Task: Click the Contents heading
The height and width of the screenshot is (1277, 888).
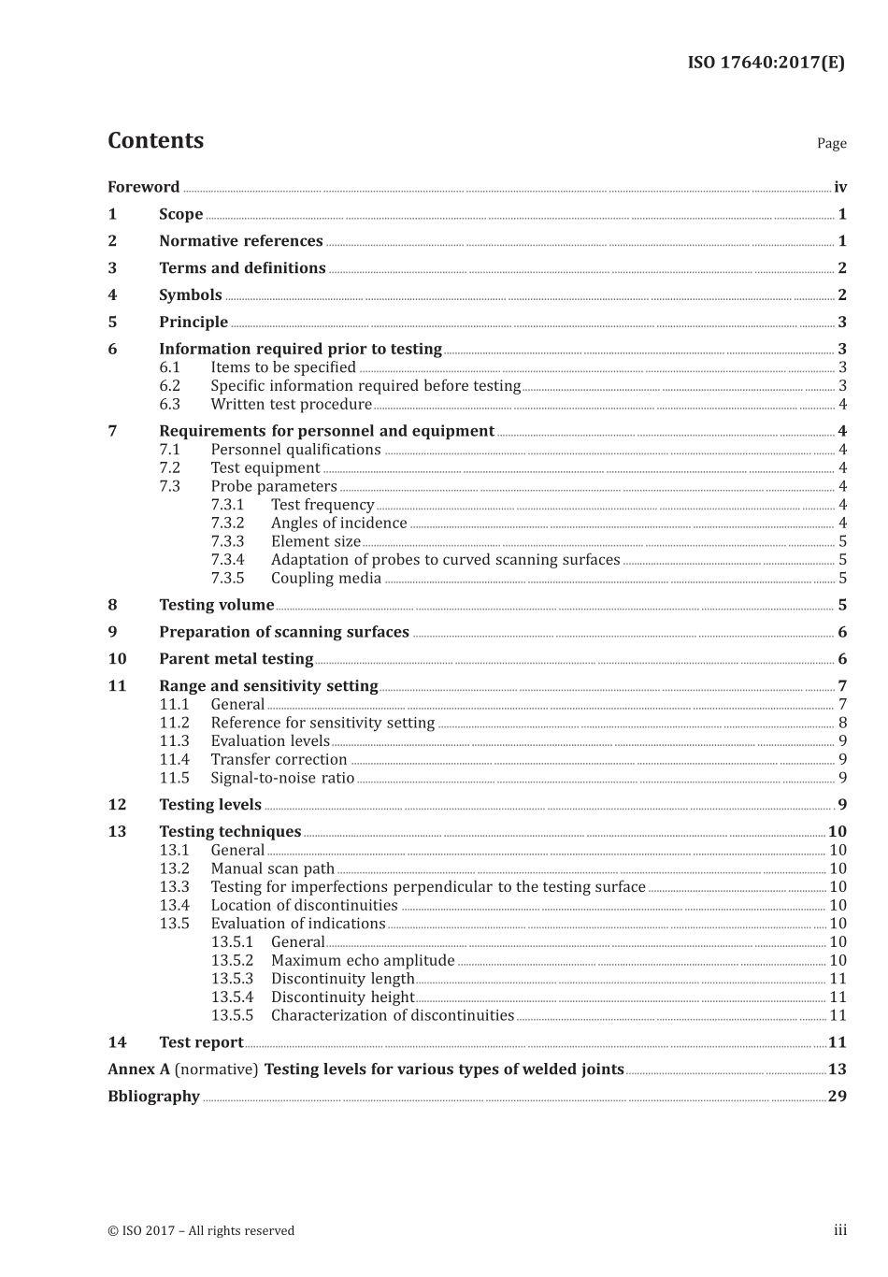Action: coord(155,140)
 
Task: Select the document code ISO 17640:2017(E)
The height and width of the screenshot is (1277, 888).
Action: coord(766,63)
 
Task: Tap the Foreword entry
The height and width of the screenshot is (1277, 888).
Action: coord(143,187)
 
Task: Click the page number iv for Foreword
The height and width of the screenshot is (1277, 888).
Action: coord(840,187)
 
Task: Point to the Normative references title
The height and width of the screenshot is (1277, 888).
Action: coord(240,241)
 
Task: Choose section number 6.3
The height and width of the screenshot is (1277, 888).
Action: coord(169,404)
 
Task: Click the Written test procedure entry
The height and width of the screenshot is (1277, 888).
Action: coord(291,404)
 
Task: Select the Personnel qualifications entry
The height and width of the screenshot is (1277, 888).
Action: coord(295,450)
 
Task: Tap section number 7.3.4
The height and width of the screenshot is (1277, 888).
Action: coord(227,559)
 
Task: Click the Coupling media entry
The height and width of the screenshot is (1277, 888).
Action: coord(325,578)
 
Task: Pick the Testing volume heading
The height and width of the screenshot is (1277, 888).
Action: coord(216,605)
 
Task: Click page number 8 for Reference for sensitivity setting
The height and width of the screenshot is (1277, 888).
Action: coord(842,723)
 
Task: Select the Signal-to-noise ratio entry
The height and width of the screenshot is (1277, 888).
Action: coord(282,778)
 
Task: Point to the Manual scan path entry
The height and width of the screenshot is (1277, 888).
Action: coord(272,868)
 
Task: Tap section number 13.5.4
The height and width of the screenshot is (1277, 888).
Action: coord(232,997)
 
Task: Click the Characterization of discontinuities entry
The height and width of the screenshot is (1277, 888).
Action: coord(392,1015)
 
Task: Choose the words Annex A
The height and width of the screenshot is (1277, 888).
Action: coord(138,1069)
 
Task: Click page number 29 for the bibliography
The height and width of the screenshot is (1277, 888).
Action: coord(837,1097)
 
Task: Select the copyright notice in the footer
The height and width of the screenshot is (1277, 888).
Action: coord(201,1230)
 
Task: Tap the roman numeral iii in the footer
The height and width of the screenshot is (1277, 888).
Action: coord(840,1230)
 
